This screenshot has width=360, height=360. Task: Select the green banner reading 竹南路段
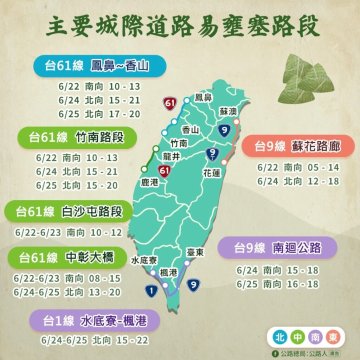77,136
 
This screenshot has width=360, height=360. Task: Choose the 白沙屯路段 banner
68,211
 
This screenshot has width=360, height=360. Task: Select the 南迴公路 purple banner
276,247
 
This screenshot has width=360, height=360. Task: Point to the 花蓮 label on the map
211,173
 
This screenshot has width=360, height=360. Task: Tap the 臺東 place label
195,253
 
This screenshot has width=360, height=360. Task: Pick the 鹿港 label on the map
149,182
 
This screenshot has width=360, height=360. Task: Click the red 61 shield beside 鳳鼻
170,104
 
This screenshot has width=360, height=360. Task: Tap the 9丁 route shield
212,154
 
